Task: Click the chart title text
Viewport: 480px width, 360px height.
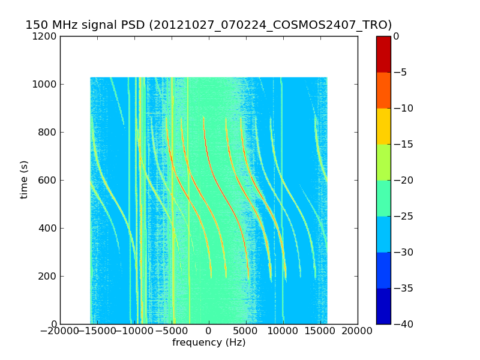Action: click(x=208, y=25)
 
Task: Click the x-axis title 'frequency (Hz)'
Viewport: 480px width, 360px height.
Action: click(x=209, y=343)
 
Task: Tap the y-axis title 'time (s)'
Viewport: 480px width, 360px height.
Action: click(x=25, y=179)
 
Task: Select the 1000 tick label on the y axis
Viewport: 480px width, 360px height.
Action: click(x=46, y=84)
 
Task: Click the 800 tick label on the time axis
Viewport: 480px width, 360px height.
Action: click(x=48, y=132)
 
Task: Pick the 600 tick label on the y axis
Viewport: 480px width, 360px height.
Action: click(x=48, y=180)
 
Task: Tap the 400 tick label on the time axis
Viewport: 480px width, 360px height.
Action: click(x=48, y=228)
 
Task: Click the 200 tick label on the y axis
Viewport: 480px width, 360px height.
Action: click(x=48, y=276)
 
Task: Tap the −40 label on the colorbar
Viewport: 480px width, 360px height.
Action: click(x=403, y=324)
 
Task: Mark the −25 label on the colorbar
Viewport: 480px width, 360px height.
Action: click(x=403, y=216)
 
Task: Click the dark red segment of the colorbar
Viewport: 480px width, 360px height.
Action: click(x=383, y=54)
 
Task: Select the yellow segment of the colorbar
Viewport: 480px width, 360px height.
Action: click(x=383, y=126)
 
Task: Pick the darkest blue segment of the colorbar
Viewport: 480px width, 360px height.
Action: click(x=383, y=306)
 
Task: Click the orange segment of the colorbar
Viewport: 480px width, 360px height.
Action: click(x=383, y=90)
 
